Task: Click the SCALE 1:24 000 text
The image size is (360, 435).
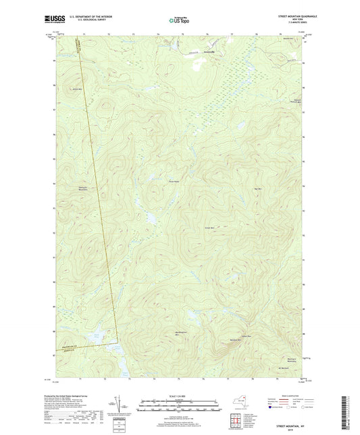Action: click(180, 396)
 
